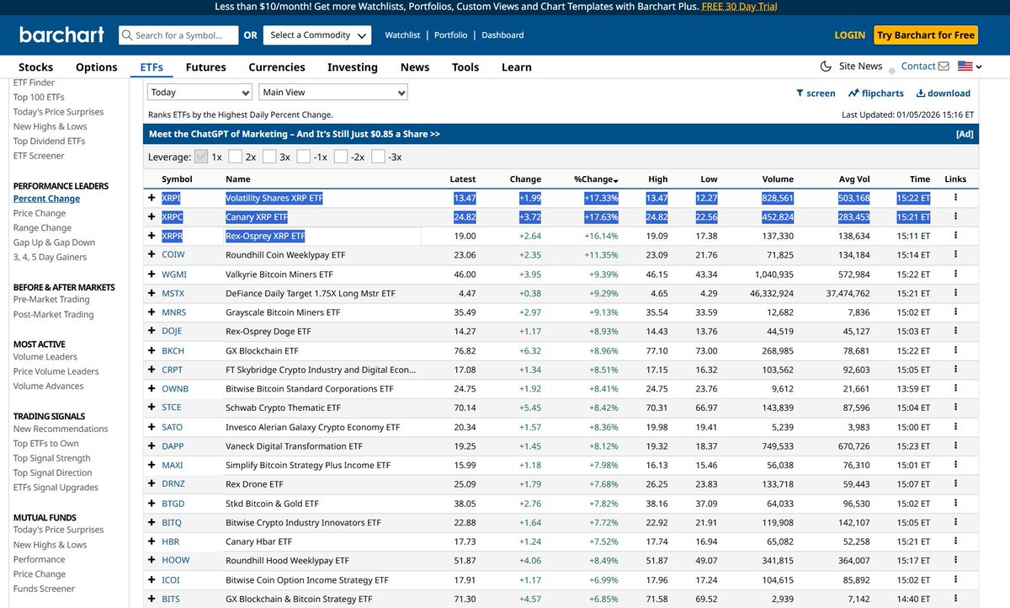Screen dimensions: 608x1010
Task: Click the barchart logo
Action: pyautogui.click(x=61, y=35)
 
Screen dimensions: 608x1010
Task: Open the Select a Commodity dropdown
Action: pyautogui.click(x=316, y=35)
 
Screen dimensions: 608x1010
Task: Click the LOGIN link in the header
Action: pyautogui.click(x=849, y=35)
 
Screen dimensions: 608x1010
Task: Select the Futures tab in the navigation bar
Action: pyautogui.click(x=205, y=67)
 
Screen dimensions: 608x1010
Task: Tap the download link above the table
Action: pyautogui.click(x=943, y=93)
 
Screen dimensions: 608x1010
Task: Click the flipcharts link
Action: pyautogui.click(x=875, y=93)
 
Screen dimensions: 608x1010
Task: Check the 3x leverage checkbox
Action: pyautogui.click(x=269, y=157)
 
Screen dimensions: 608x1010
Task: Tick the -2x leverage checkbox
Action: pyautogui.click(x=341, y=157)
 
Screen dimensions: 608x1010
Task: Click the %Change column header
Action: pyautogui.click(x=595, y=179)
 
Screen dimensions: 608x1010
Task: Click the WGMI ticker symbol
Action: pyautogui.click(x=173, y=275)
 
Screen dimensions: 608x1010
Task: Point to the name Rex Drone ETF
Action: pyautogui.click(x=254, y=484)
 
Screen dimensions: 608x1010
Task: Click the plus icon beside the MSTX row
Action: pyautogui.click(x=151, y=294)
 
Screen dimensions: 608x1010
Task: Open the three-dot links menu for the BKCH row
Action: pyautogui.click(x=955, y=350)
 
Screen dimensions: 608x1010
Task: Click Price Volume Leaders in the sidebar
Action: pyautogui.click(x=56, y=371)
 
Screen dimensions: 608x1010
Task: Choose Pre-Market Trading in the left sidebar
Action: pyautogui.click(x=50, y=300)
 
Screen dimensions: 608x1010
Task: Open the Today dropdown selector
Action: pyautogui.click(x=199, y=93)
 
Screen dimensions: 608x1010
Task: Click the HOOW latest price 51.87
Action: pyautogui.click(x=464, y=560)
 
